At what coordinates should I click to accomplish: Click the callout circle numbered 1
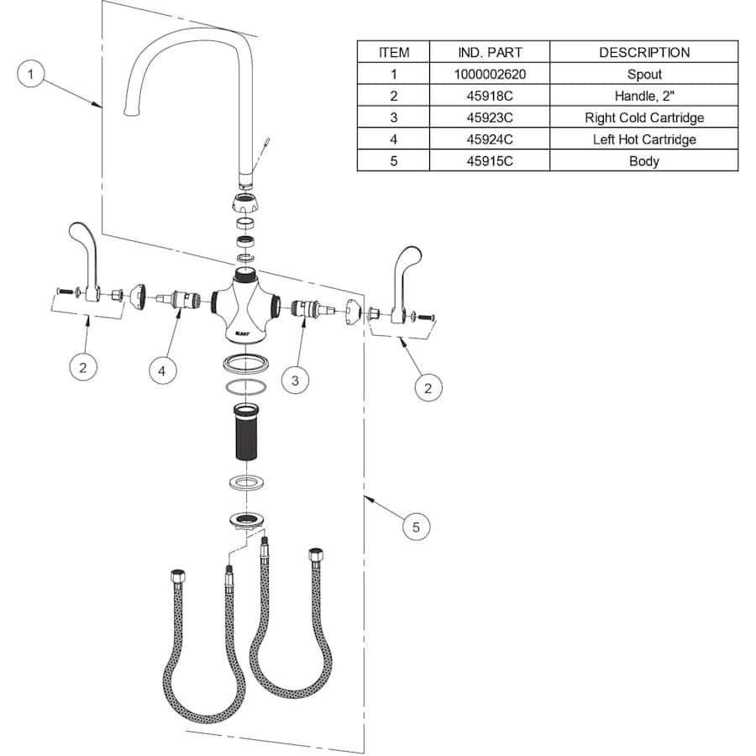tap(31, 75)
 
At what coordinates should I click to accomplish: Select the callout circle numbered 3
tap(295, 381)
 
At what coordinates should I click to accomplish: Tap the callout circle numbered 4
tap(163, 370)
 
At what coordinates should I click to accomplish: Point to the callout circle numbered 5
tap(416, 527)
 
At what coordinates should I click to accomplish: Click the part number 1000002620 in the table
tap(490, 74)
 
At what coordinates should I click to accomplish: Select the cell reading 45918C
tap(490, 96)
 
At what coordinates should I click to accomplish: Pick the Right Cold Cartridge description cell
tap(643, 118)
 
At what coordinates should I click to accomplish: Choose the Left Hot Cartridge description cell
tap(643, 139)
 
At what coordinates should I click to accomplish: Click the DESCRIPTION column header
tap(643, 52)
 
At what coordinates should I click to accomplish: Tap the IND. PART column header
tap(490, 52)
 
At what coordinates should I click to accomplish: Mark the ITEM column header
tap(394, 52)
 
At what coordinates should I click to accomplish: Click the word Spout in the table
tap(643, 74)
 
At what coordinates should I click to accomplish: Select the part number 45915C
tap(490, 161)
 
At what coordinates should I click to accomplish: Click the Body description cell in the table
tap(643, 161)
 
